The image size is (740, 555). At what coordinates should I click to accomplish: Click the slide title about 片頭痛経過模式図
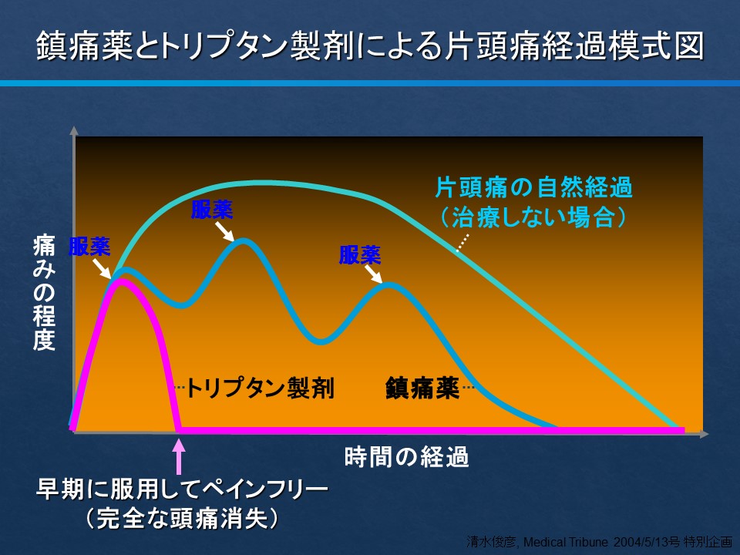(x=371, y=45)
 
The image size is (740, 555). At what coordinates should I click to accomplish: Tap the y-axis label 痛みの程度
(x=44, y=293)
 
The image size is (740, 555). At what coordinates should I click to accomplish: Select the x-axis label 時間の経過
(x=406, y=457)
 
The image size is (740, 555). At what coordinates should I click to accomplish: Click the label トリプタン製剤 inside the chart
(x=261, y=388)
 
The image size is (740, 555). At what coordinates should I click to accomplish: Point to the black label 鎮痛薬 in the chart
(x=422, y=388)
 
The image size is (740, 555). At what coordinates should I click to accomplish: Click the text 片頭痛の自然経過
(x=533, y=187)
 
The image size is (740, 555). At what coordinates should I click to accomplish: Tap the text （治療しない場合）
(x=533, y=217)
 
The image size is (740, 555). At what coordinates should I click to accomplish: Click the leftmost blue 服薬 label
(x=89, y=247)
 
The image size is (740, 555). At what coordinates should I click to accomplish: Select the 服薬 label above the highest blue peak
(x=212, y=210)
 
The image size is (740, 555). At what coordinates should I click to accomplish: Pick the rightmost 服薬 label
(x=360, y=255)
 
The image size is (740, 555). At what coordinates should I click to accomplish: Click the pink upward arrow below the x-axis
(x=178, y=457)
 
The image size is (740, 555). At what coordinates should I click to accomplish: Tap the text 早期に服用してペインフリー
(x=182, y=489)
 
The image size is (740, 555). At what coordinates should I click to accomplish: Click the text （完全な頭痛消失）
(x=182, y=518)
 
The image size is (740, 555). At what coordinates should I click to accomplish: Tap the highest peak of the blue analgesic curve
(x=244, y=241)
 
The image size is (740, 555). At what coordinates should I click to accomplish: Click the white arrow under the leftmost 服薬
(x=102, y=269)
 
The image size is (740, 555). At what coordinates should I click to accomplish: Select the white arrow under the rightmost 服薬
(x=374, y=274)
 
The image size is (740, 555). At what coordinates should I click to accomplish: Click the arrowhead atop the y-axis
(x=74, y=131)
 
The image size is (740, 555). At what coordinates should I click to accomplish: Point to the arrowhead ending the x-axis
(x=704, y=434)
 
